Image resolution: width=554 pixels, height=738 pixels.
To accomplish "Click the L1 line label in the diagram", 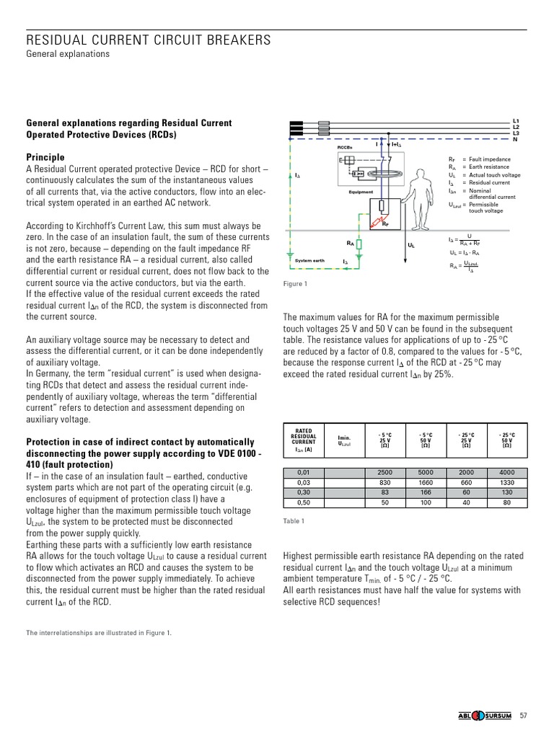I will [x=516, y=120].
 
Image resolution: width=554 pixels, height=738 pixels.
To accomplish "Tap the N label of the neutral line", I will [x=515, y=139].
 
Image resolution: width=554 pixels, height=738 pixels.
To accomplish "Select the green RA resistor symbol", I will [x=359, y=244].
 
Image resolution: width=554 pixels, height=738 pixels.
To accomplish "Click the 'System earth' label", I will [x=310, y=260].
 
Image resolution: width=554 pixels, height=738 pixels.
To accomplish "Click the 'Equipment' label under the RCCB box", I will [x=361, y=192].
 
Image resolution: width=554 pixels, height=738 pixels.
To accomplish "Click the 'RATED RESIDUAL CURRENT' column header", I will [x=303, y=437].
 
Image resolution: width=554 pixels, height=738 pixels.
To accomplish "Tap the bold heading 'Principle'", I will [x=45, y=157].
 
